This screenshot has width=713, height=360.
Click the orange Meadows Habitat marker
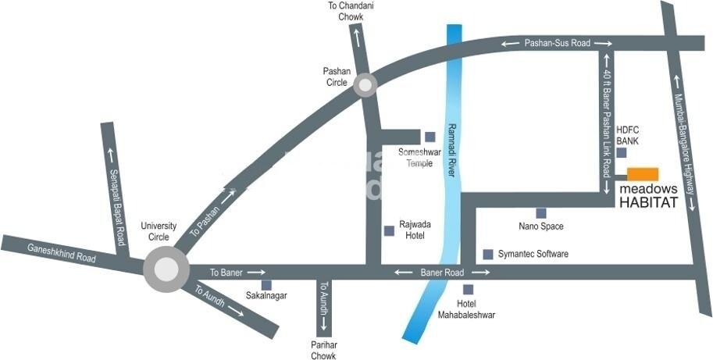[643, 174]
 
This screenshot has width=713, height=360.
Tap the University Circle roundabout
[166, 269]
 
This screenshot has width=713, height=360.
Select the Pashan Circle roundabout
[365, 85]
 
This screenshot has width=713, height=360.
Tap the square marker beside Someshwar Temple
[430, 137]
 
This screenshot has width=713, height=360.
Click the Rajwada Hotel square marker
[389, 230]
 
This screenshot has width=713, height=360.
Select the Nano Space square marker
[540, 212]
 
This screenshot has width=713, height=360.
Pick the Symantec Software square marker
[488, 254]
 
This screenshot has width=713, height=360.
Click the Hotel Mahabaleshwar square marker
[468, 289]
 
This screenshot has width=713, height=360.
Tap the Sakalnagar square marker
[266, 285]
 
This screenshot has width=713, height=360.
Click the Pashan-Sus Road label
[558, 44]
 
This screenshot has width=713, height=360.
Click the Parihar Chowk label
[323, 351]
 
